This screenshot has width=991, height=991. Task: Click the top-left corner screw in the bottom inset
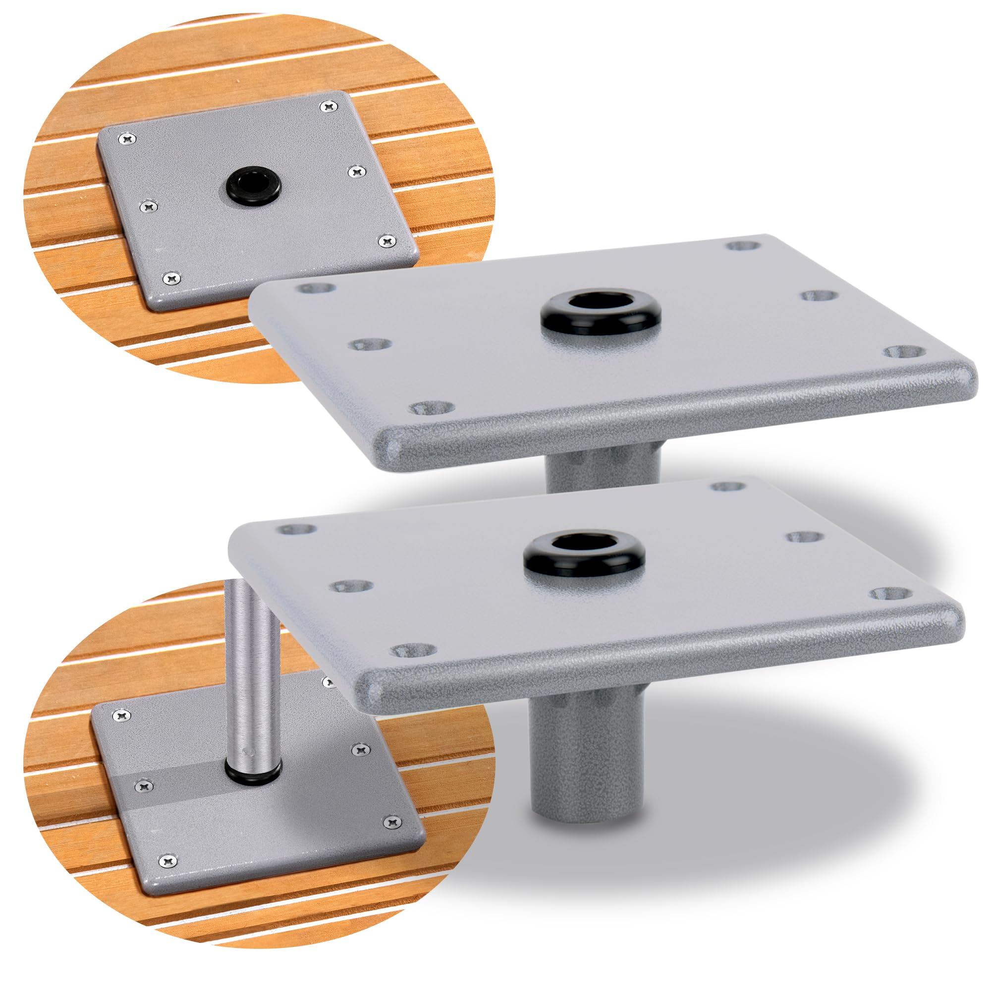pos(121,714)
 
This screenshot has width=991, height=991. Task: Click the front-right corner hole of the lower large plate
pos(889,594)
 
